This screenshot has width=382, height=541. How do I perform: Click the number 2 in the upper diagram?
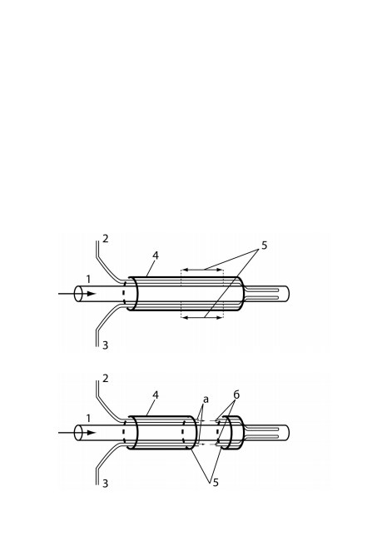pos(105,238)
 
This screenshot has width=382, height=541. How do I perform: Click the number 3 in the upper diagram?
pos(105,345)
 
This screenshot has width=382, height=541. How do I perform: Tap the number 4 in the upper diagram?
pos(156,256)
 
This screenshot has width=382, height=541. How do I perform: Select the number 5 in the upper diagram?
pos(264,246)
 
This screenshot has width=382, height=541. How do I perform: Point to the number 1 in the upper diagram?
pos(88,279)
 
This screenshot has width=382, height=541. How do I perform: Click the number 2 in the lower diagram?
pos(105,379)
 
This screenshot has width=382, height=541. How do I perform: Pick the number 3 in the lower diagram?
pos(105,484)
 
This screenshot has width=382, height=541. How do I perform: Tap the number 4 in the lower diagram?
pos(156,395)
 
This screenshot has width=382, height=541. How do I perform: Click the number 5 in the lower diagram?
pos(216,483)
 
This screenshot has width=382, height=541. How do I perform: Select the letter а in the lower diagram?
pos(206,400)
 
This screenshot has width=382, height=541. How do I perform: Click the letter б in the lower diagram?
pos(236,395)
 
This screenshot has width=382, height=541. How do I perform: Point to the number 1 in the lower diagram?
pos(88,419)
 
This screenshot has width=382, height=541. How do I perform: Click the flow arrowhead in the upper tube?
pos(91,294)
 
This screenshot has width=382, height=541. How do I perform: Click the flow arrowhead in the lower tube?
pos(91,433)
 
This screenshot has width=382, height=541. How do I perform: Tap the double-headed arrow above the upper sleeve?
pos(202,270)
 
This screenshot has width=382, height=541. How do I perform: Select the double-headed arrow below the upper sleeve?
pos(202,317)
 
